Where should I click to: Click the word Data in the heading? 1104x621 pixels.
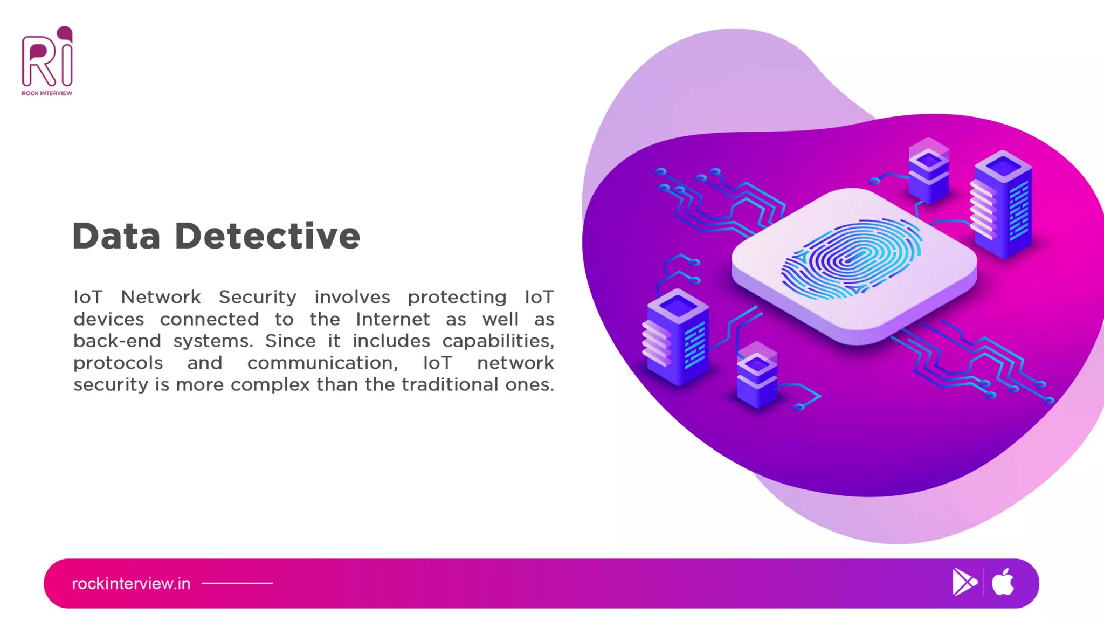[116, 236]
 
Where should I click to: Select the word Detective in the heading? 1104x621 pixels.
[267, 236]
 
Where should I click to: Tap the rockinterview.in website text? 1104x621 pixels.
[131, 583]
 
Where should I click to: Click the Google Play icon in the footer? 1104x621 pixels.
[964, 582]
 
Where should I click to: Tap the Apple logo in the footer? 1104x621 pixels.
[1003, 582]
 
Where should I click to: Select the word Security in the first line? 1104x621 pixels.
[258, 297]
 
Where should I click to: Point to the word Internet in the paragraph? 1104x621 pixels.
[392, 319]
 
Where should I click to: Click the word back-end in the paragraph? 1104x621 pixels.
[117, 341]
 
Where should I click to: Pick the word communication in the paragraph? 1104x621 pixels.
[322, 363]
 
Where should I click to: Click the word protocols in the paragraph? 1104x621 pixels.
[118, 363]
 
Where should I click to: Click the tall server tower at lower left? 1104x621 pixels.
[677, 337]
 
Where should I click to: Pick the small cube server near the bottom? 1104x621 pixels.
[757, 376]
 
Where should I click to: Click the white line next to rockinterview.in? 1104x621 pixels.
[237, 583]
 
